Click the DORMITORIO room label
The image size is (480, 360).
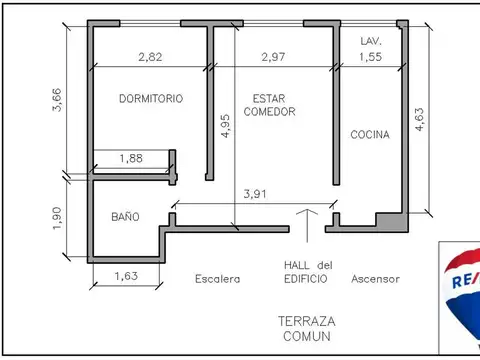click(x=150, y=99)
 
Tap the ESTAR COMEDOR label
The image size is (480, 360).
click(x=269, y=105)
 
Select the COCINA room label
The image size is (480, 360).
click(x=369, y=134)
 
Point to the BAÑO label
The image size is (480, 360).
click(x=125, y=217)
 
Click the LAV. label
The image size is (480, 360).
click(x=370, y=41)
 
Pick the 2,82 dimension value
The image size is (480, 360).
click(x=149, y=57)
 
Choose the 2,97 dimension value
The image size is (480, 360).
click(x=272, y=57)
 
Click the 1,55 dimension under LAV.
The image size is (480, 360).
click(x=370, y=57)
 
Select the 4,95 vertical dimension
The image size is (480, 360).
click(x=225, y=131)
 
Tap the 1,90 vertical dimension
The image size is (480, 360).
click(x=56, y=219)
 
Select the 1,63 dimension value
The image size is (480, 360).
click(x=126, y=277)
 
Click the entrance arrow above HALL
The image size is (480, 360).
click(x=307, y=226)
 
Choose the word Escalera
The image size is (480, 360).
click(x=217, y=279)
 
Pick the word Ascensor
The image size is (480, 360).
click(x=375, y=279)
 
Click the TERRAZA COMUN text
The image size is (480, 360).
click(x=307, y=329)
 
